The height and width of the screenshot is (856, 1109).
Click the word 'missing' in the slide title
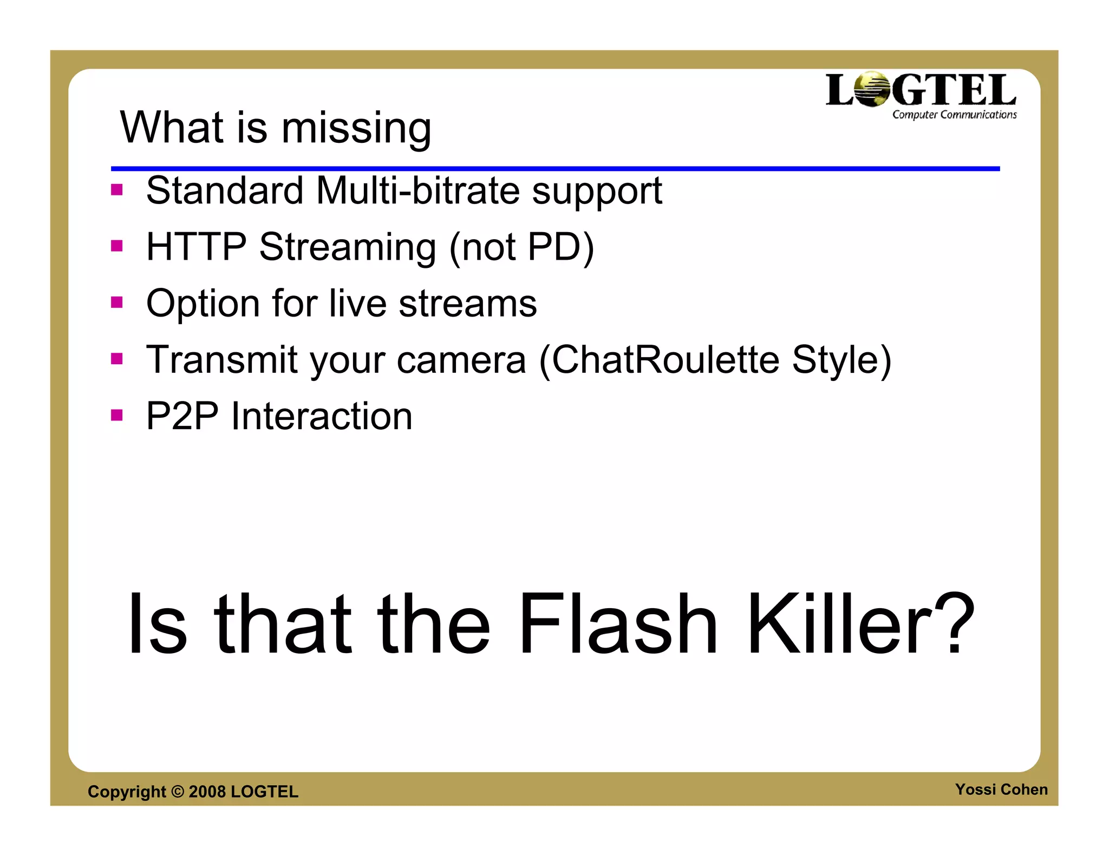pyautogui.click(x=356, y=129)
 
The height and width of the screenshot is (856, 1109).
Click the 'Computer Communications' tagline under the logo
pyautogui.click(x=954, y=115)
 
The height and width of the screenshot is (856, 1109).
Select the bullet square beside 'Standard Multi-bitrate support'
pyautogui.click(x=117, y=190)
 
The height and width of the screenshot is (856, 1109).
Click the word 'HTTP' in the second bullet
pyautogui.click(x=196, y=247)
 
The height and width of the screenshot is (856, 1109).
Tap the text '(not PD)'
pyautogui.click(x=521, y=248)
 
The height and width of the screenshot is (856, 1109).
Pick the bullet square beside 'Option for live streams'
pyautogui.click(x=117, y=302)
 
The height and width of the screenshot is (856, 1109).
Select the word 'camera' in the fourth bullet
pyautogui.click(x=461, y=360)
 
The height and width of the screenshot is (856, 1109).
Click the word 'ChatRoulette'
pyautogui.click(x=665, y=360)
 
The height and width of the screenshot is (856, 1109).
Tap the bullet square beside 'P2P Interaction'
pyautogui.click(x=117, y=415)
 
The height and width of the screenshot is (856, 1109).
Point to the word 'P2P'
pyautogui.click(x=182, y=416)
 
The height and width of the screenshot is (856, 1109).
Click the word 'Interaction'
pyautogui.click(x=322, y=416)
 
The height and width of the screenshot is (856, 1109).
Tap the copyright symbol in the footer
pyautogui.click(x=178, y=792)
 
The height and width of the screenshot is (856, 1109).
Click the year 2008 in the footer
pyautogui.click(x=207, y=792)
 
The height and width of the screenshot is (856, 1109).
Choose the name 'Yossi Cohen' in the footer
pyautogui.click(x=1001, y=789)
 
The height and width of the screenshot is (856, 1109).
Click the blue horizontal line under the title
pyautogui.click(x=555, y=169)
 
